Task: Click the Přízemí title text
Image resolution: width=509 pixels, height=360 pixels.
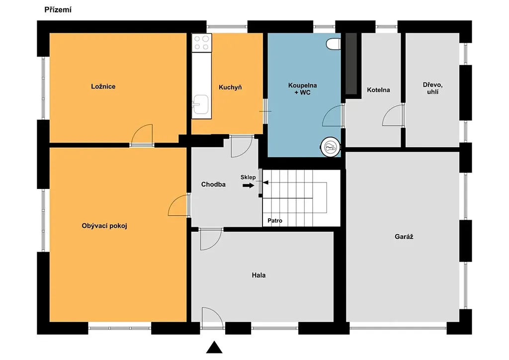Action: click(x=58, y=10)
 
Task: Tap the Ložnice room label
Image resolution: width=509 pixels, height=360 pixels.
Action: click(x=103, y=87)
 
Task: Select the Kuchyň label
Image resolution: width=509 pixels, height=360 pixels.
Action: click(x=230, y=87)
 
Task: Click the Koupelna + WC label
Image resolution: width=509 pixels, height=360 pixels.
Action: click(x=303, y=89)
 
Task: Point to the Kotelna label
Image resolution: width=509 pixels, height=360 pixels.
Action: click(x=378, y=90)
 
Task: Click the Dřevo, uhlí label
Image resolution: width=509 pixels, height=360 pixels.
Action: click(x=433, y=89)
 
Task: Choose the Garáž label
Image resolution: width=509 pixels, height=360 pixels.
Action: click(x=404, y=237)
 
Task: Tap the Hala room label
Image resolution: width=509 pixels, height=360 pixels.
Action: click(x=258, y=275)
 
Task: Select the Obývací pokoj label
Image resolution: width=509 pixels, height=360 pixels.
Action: click(x=104, y=226)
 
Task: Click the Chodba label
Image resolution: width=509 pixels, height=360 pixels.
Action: click(x=213, y=184)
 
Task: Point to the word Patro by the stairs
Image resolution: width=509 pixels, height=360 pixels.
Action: click(x=275, y=221)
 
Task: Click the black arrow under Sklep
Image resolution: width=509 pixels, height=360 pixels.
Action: click(x=249, y=185)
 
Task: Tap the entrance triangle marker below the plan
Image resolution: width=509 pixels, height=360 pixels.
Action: click(x=214, y=348)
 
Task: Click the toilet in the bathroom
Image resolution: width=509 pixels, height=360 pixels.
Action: click(x=334, y=44)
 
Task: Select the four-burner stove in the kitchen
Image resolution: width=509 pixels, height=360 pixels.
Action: click(x=202, y=43)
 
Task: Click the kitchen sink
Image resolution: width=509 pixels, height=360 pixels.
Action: click(x=201, y=104)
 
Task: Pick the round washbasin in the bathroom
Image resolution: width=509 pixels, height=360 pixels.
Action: click(x=331, y=147)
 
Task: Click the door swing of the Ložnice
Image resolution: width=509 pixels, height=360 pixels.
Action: click(x=142, y=134)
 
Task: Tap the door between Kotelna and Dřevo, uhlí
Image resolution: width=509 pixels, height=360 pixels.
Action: click(x=393, y=115)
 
